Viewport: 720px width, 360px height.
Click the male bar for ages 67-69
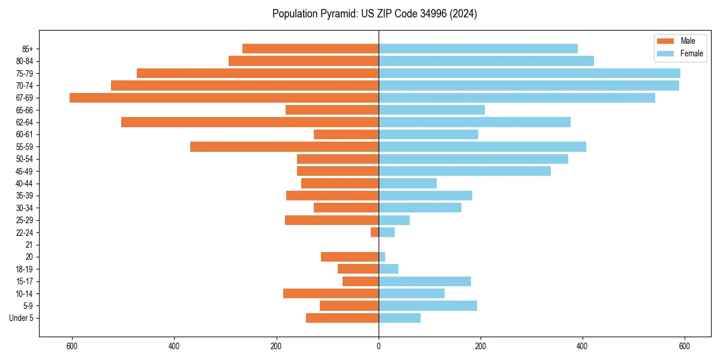click(224, 98)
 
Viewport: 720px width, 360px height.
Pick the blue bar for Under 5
click(400, 318)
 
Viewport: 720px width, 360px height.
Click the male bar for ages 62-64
click(250, 122)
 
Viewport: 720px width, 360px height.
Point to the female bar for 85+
click(478, 49)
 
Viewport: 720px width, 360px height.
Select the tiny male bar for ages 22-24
click(374, 232)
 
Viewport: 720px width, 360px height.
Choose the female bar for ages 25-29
click(394, 220)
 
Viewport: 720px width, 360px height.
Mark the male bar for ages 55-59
click(284, 147)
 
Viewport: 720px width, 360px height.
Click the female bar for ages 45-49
click(464, 171)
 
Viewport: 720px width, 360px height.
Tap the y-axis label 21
click(29, 245)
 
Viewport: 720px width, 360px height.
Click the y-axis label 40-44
click(25, 184)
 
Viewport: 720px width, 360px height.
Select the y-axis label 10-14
click(25, 293)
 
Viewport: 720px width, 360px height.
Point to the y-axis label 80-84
click(25, 61)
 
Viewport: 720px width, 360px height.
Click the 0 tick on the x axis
click(379, 346)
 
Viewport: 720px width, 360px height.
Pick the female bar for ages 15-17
click(425, 281)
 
